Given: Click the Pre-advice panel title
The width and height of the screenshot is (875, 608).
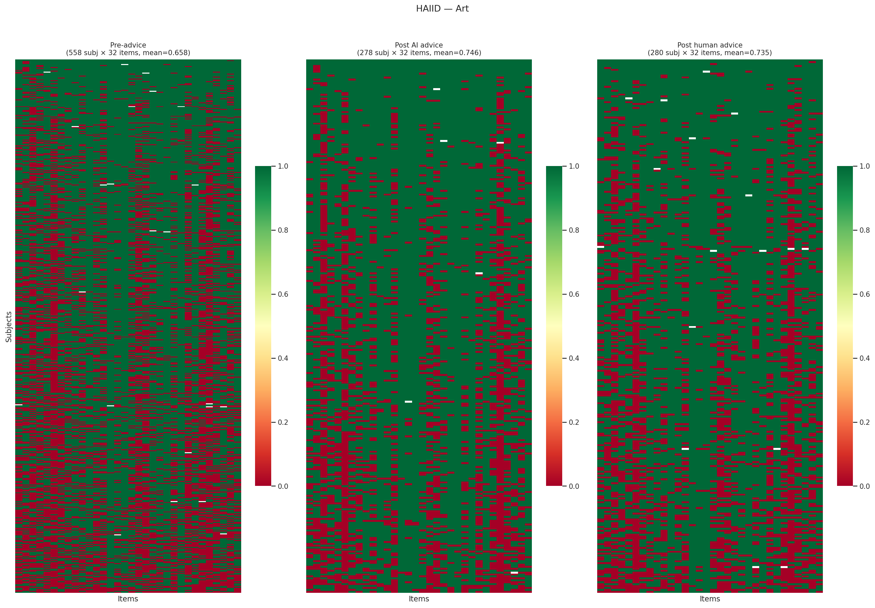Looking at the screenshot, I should [x=128, y=45].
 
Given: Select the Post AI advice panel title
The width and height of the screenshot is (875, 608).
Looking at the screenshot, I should [x=419, y=45].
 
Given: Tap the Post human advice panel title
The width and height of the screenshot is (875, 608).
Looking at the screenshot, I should [x=710, y=45].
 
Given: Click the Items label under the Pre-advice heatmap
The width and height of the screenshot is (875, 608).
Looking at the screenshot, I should [x=128, y=599].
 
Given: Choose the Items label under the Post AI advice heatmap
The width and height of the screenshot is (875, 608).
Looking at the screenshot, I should [x=419, y=599].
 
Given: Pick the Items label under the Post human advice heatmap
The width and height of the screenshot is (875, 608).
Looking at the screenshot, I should [x=710, y=599].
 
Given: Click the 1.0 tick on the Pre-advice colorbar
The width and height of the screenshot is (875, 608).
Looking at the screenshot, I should [x=282, y=166].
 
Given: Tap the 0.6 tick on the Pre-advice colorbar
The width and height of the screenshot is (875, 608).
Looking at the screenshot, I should [x=282, y=294].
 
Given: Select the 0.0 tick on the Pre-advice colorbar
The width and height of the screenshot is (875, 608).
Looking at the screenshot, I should [x=282, y=486].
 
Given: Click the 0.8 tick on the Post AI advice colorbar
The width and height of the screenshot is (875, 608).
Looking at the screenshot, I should [x=573, y=230].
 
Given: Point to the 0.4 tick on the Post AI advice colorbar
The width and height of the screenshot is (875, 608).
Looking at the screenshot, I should [x=573, y=358].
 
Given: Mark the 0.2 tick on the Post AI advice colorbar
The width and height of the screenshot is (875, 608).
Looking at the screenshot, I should [x=573, y=422].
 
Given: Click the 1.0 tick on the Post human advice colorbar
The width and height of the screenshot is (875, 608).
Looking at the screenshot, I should [x=864, y=166].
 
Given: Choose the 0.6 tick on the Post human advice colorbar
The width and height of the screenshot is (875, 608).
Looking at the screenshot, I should [x=864, y=294].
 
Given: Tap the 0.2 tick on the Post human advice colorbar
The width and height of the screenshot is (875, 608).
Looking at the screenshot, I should [x=864, y=422].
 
